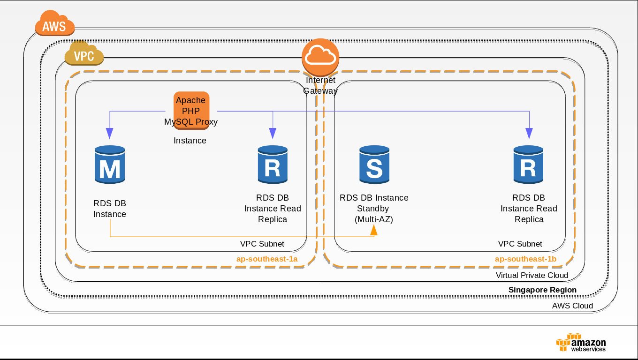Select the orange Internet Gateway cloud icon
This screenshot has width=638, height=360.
320,57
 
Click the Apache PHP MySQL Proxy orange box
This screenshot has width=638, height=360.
191,111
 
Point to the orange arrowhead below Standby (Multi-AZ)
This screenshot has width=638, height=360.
374,229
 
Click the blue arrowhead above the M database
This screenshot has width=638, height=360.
110,134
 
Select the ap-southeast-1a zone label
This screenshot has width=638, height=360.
267,259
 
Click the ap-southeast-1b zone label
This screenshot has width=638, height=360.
525,259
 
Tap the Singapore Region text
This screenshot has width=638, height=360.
542,290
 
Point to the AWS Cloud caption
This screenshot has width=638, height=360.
572,306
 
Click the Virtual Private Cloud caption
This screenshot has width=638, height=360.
532,275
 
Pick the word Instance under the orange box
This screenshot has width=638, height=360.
190,141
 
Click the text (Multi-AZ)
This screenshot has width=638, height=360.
374,219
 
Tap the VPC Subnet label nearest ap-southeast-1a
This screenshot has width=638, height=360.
262,244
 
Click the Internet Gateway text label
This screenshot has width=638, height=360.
320,85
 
